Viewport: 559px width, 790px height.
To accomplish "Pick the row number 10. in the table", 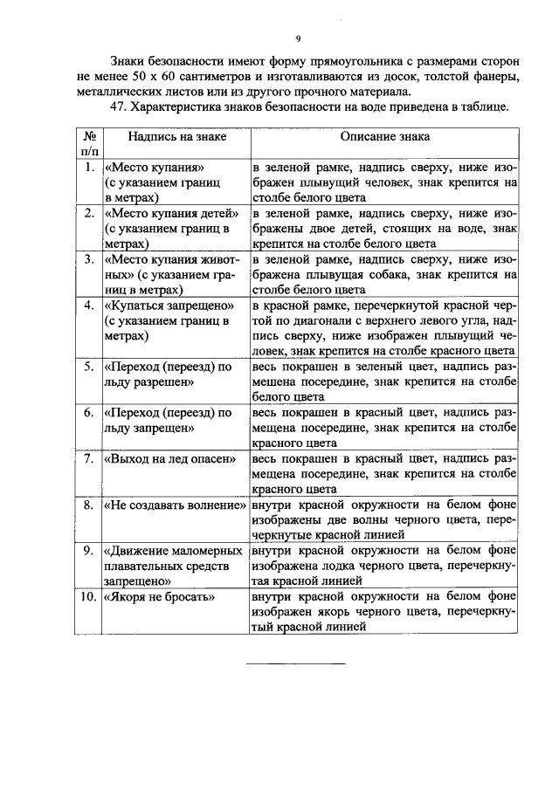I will point(86,597).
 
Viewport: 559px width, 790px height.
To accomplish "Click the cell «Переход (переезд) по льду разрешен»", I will point(168,374).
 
